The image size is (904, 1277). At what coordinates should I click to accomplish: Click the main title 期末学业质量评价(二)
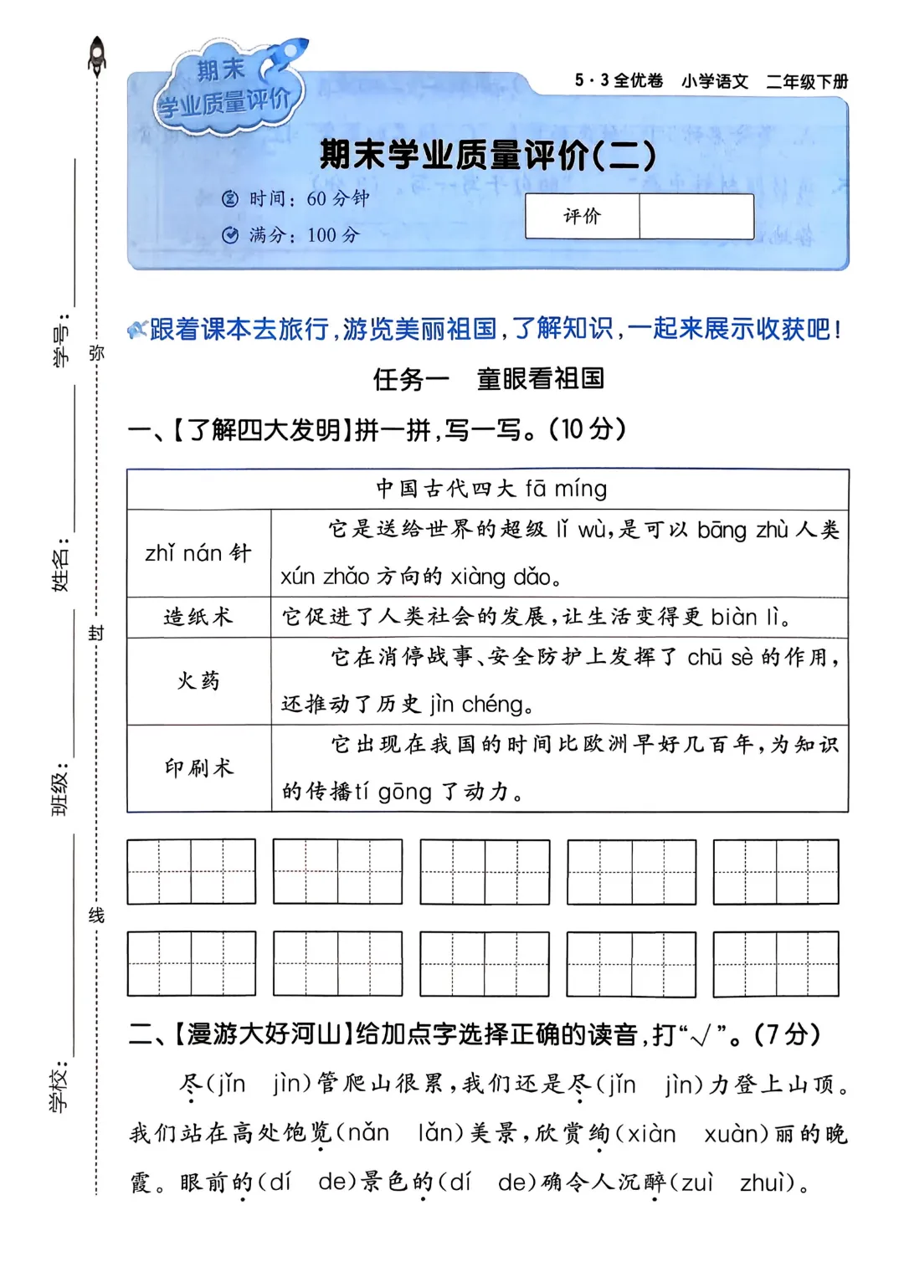point(488,156)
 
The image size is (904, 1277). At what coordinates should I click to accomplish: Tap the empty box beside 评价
point(696,217)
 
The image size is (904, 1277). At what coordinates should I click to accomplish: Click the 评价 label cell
point(582,217)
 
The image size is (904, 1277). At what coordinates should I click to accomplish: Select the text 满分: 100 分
point(292,235)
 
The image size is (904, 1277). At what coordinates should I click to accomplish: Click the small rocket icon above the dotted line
point(97,54)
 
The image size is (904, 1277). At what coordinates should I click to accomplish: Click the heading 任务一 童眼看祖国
point(488,379)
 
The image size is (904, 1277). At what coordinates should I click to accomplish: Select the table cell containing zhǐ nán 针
point(198,553)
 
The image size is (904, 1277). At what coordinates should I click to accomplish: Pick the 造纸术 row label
point(198,618)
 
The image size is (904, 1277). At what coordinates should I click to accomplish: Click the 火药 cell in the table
point(198,681)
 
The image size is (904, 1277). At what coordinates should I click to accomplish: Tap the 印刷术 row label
point(198,768)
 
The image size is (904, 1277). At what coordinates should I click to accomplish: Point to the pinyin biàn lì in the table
point(746,618)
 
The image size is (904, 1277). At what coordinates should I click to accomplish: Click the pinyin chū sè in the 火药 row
point(720,658)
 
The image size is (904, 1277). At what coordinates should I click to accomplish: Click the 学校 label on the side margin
point(60,1089)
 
